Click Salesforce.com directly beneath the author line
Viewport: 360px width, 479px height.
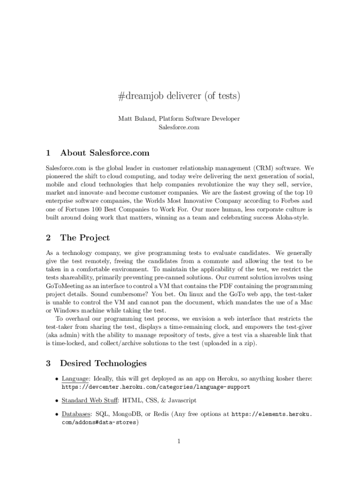coord(179,127)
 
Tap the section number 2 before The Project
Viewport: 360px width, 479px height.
coord(48,238)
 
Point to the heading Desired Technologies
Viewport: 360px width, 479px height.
coord(103,363)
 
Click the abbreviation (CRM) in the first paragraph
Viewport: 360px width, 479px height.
coord(265,167)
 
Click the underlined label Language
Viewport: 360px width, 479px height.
coord(76,378)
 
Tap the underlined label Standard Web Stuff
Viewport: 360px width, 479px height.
coord(90,401)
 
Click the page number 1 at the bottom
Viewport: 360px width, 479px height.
coord(179,441)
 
